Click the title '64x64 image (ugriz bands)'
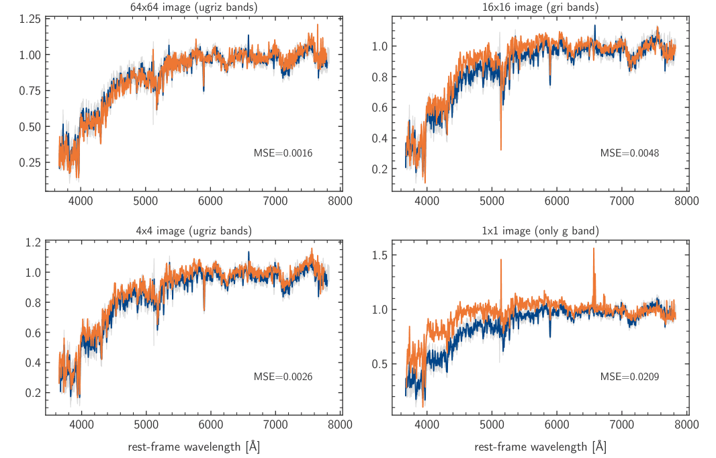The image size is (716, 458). click(194, 7)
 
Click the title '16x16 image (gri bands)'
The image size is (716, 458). click(541, 7)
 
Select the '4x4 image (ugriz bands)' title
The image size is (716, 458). click(194, 231)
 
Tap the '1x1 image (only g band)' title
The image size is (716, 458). click(541, 231)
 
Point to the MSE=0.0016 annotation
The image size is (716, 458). click(283, 153)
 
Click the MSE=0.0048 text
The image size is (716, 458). click(629, 153)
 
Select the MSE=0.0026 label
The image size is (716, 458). click(283, 377)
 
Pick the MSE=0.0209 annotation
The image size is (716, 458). click(629, 377)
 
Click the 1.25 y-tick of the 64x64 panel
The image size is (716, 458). click(30, 19)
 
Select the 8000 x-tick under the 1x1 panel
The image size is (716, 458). click(686, 424)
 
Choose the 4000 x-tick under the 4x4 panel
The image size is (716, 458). click(81, 424)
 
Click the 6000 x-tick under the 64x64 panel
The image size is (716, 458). click(210, 200)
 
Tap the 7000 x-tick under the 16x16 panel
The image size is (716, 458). click(621, 200)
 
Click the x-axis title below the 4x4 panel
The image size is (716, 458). click(194, 447)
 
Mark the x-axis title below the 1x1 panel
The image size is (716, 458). click(541, 447)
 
